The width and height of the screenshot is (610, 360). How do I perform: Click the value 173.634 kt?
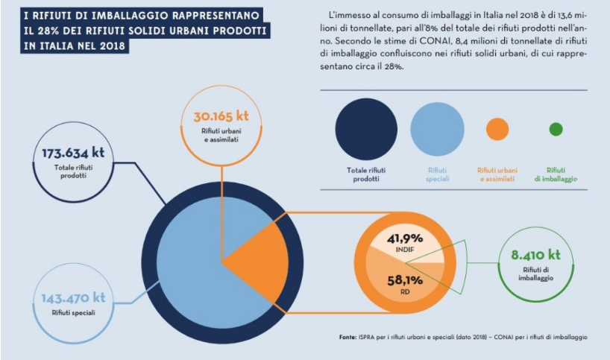(73, 152)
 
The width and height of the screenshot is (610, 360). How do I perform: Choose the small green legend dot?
(556, 129)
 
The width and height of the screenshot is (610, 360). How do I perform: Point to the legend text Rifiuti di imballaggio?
(556, 174)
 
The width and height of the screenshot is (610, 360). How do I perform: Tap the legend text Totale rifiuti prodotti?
(365, 174)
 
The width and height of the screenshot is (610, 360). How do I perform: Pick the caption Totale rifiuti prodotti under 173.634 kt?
(73, 170)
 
